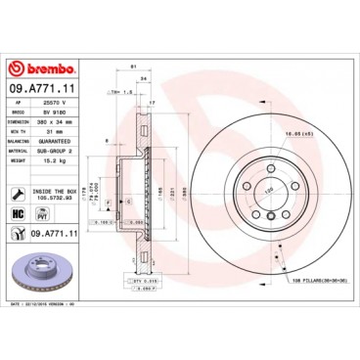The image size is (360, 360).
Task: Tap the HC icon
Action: pyautogui.click(x=18, y=211)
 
